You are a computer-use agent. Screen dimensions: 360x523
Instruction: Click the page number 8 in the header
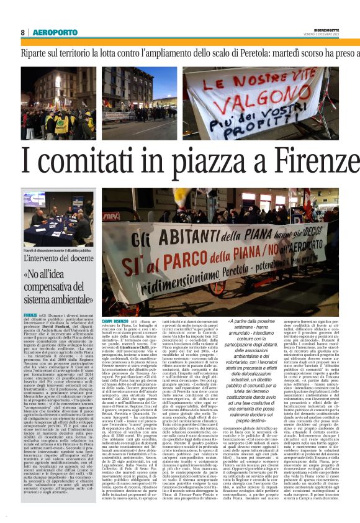pos(22,32)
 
